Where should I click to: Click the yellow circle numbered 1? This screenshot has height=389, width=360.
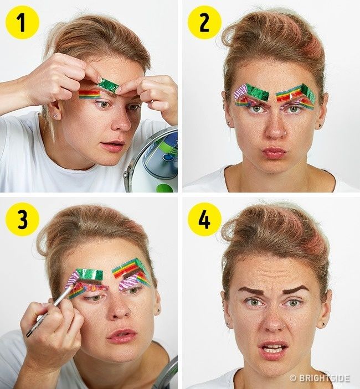coord(22,22)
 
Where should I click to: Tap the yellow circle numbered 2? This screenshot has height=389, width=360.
coord(204,22)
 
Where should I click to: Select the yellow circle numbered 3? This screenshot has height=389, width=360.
coord(22,219)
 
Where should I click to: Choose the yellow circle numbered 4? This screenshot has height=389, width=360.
coord(204,219)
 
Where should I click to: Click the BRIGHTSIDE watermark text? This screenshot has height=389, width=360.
coord(320,378)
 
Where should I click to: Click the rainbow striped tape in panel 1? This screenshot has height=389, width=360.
coord(90,94)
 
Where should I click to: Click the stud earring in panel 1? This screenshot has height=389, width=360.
coord(56,116)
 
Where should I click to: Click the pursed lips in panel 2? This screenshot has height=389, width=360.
coord(274,153)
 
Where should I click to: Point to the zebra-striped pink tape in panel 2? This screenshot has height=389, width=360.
coord(240,92)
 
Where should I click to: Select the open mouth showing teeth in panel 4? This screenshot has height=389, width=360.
coord(273,350)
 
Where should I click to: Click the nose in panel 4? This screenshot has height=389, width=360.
coord(272,323)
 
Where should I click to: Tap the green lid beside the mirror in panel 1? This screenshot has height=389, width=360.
coord(164,188)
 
